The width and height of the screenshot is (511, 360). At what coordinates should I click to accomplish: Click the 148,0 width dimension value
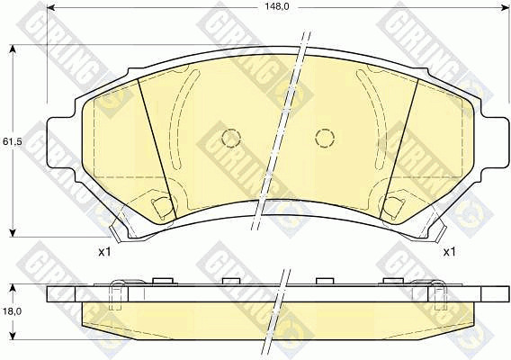click(x=278, y=7)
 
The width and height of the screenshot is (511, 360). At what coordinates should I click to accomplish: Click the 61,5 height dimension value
click(x=12, y=142)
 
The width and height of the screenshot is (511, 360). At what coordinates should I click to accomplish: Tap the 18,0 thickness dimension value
click(x=12, y=311)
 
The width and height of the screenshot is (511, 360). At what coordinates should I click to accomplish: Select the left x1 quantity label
click(x=104, y=252)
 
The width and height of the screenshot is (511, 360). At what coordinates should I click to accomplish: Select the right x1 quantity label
click(x=449, y=252)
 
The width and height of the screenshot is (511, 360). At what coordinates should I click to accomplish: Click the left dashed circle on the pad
click(x=231, y=139)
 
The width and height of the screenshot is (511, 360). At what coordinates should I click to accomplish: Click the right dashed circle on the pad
click(x=325, y=139)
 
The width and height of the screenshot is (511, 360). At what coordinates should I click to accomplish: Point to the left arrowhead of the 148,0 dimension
click(x=50, y=7)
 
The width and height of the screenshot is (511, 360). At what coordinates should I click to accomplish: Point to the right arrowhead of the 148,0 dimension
click(x=505, y=7)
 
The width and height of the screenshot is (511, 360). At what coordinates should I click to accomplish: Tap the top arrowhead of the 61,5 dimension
click(x=13, y=49)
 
